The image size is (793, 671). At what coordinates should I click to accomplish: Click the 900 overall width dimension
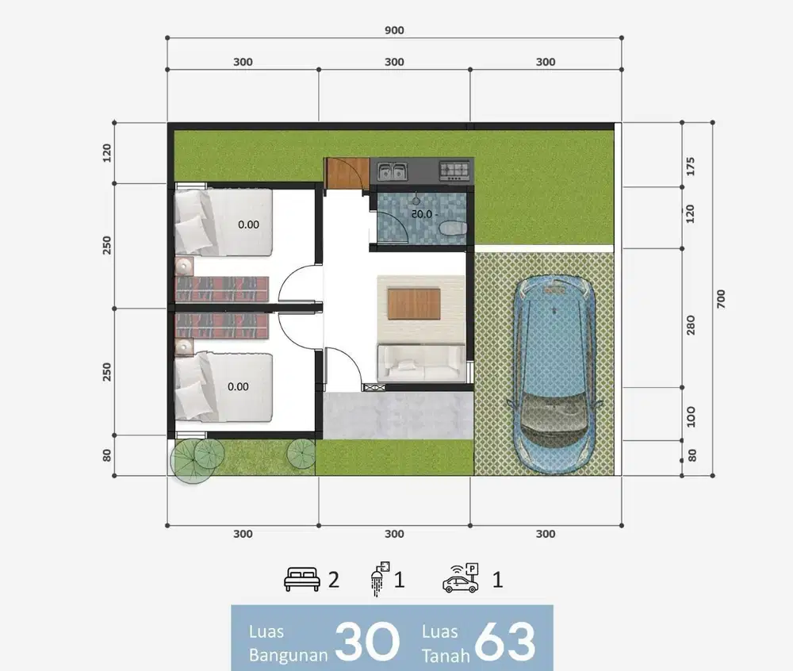[394, 30]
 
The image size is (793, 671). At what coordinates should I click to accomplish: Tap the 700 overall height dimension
[721, 299]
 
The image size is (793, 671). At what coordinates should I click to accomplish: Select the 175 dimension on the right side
[691, 167]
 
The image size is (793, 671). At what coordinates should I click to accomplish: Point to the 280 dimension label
[691, 325]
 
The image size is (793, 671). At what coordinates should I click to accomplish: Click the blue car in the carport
[555, 374]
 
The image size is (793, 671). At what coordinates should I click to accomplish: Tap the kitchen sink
[393, 171]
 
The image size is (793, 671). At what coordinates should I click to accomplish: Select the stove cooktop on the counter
[454, 171]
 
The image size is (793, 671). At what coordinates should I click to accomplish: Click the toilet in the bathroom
[453, 228]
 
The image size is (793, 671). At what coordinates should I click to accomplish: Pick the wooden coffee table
[414, 304]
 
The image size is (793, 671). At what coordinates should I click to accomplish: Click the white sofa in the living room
[421, 362]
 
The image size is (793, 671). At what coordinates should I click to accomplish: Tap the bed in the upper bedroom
[224, 222]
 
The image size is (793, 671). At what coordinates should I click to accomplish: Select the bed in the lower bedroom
[224, 387]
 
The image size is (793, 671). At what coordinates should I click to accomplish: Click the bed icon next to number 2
[302, 579]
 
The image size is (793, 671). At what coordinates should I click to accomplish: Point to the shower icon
[380, 578]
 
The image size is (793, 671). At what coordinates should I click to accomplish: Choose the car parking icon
[461, 578]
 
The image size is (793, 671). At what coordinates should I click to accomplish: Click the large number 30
[367, 641]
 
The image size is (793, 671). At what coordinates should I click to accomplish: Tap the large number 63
[504, 641]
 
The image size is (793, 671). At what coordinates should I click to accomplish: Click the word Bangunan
[289, 655]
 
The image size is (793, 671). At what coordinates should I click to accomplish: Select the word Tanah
[446, 656]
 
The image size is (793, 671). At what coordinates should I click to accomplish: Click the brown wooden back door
[347, 174]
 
